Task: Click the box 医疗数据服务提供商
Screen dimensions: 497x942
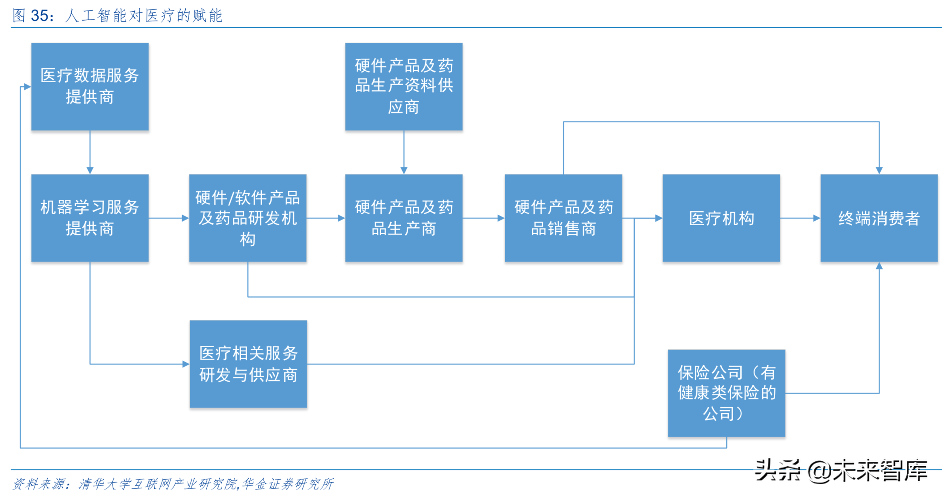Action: [x=90, y=86]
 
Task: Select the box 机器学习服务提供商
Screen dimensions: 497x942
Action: [x=90, y=218]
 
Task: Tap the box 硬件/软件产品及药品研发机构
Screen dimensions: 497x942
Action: [x=248, y=218]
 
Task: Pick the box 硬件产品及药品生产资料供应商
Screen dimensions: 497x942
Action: [x=404, y=86]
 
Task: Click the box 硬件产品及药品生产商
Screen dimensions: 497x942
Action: [x=404, y=218]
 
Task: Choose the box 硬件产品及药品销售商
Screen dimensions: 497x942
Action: [x=563, y=218]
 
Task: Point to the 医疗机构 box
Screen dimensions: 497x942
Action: [x=721, y=218]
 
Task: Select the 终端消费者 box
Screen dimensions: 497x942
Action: [x=879, y=218]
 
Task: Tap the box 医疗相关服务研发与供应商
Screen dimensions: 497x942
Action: [x=248, y=364]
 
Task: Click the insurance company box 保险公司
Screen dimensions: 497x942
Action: [x=726, y=393]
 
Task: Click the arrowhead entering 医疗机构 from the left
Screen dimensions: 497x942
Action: [x=659, y=218]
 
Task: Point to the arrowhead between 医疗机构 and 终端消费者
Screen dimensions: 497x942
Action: [x=817, y=218]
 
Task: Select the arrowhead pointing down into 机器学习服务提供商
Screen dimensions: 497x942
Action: [x=90, y=170]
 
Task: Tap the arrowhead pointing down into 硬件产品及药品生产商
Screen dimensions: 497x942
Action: [x=404, y=170]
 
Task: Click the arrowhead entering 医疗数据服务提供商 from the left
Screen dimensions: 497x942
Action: [x=27, y=87]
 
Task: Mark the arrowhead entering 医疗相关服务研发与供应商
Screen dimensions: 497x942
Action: [x=186, y=364]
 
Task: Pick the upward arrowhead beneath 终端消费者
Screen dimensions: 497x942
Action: [x=879, y=266]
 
